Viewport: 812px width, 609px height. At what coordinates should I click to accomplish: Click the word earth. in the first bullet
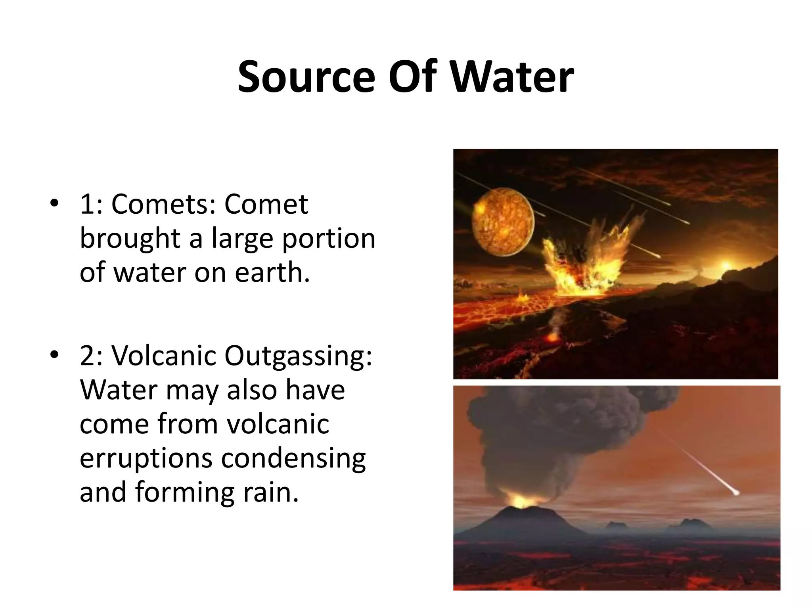tap(272, 273)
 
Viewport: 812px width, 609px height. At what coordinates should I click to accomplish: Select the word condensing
tap(293, 459)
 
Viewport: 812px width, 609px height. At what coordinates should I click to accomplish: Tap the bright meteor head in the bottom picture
tap(736, 493)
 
